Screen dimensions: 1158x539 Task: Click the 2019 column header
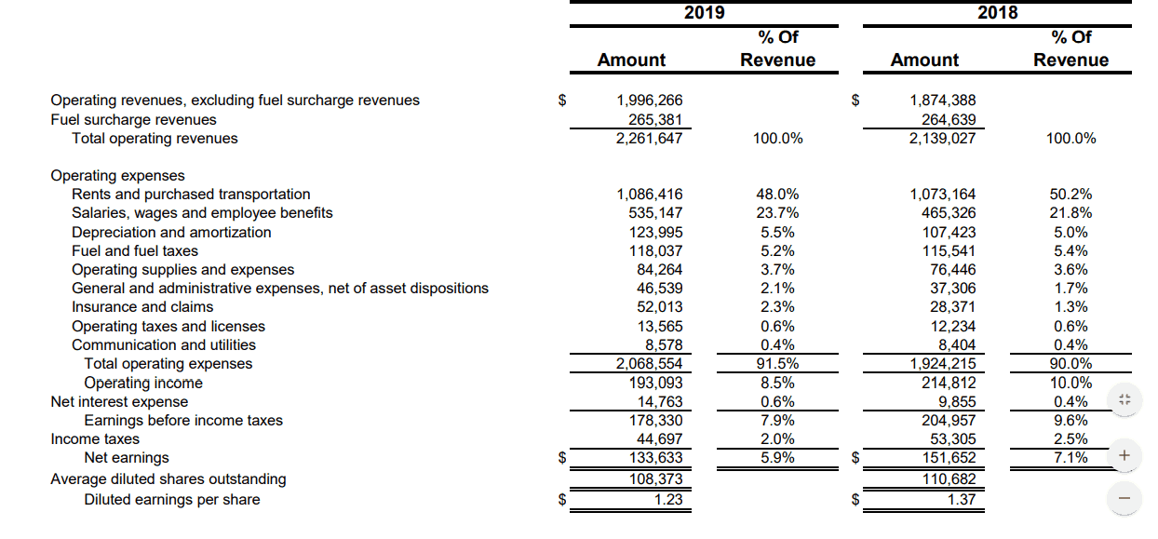tap(704, 12)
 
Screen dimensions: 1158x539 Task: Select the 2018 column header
tap(997, 12)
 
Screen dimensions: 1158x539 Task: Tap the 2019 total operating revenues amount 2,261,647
tap(649, 139)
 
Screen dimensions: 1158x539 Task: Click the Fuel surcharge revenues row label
tap(133, 120)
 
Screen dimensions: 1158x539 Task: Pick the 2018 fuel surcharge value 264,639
tap(949, 120)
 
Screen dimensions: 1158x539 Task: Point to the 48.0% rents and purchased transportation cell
tap(777, 195)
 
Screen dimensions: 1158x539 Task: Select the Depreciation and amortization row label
tap(171, 233)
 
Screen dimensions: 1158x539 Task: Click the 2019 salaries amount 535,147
tap(655, 213)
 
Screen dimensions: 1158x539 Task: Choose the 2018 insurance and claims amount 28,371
tap(953, 307)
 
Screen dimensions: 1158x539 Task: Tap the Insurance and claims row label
tap(142, 307)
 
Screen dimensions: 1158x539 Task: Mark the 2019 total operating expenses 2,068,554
tap(649, 364)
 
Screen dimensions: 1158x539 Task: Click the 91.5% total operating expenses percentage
tap(777, 364)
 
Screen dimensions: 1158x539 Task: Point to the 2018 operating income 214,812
tap(949, 383)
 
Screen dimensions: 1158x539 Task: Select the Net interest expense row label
tap(119, 402)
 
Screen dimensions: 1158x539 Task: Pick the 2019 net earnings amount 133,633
tap(655, 458)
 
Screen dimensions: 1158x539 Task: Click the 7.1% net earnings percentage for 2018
tap(1070, 458)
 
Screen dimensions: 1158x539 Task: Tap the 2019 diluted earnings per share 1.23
tap(668, 500)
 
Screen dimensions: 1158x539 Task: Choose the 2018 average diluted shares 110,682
tap(949, 479)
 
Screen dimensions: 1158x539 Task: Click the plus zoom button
tap(1124, 456)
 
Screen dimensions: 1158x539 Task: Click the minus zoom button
tap(1124, 499)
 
